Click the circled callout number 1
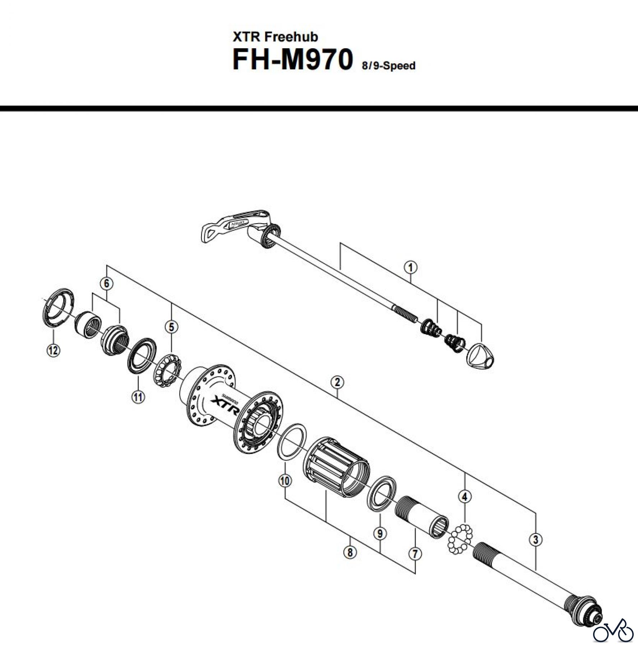(x=411, y=267)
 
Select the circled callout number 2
(x=337, y=382)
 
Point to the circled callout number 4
(x=465, y=497)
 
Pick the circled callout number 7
(x=415, y=554)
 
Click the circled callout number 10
(x=285, y=481)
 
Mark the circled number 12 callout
(x=53, y=350)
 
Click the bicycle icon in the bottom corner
(x=613, y=632)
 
